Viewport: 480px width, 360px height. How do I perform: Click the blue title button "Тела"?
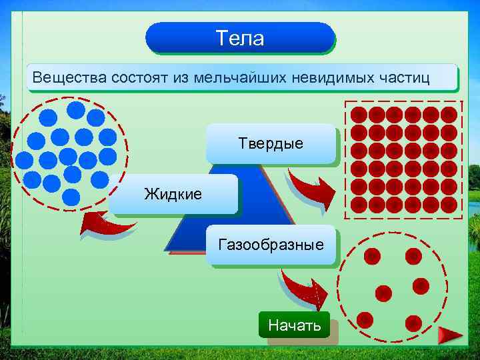click(240, 38)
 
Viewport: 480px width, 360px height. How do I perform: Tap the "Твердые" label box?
click(271, 143)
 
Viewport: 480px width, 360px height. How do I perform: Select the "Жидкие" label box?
click(173, 194)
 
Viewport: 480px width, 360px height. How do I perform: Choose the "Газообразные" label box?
click(271, 245)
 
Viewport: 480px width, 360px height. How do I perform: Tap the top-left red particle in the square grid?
click(359, 115)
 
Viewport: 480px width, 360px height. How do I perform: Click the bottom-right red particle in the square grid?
click(449, 205)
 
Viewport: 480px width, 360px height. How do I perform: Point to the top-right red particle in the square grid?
click(449, 115)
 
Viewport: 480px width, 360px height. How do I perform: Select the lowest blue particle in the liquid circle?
click(71, 197)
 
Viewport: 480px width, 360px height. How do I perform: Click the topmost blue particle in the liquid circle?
click(77, 109)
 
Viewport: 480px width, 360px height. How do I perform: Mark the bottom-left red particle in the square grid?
click(359, 205)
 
